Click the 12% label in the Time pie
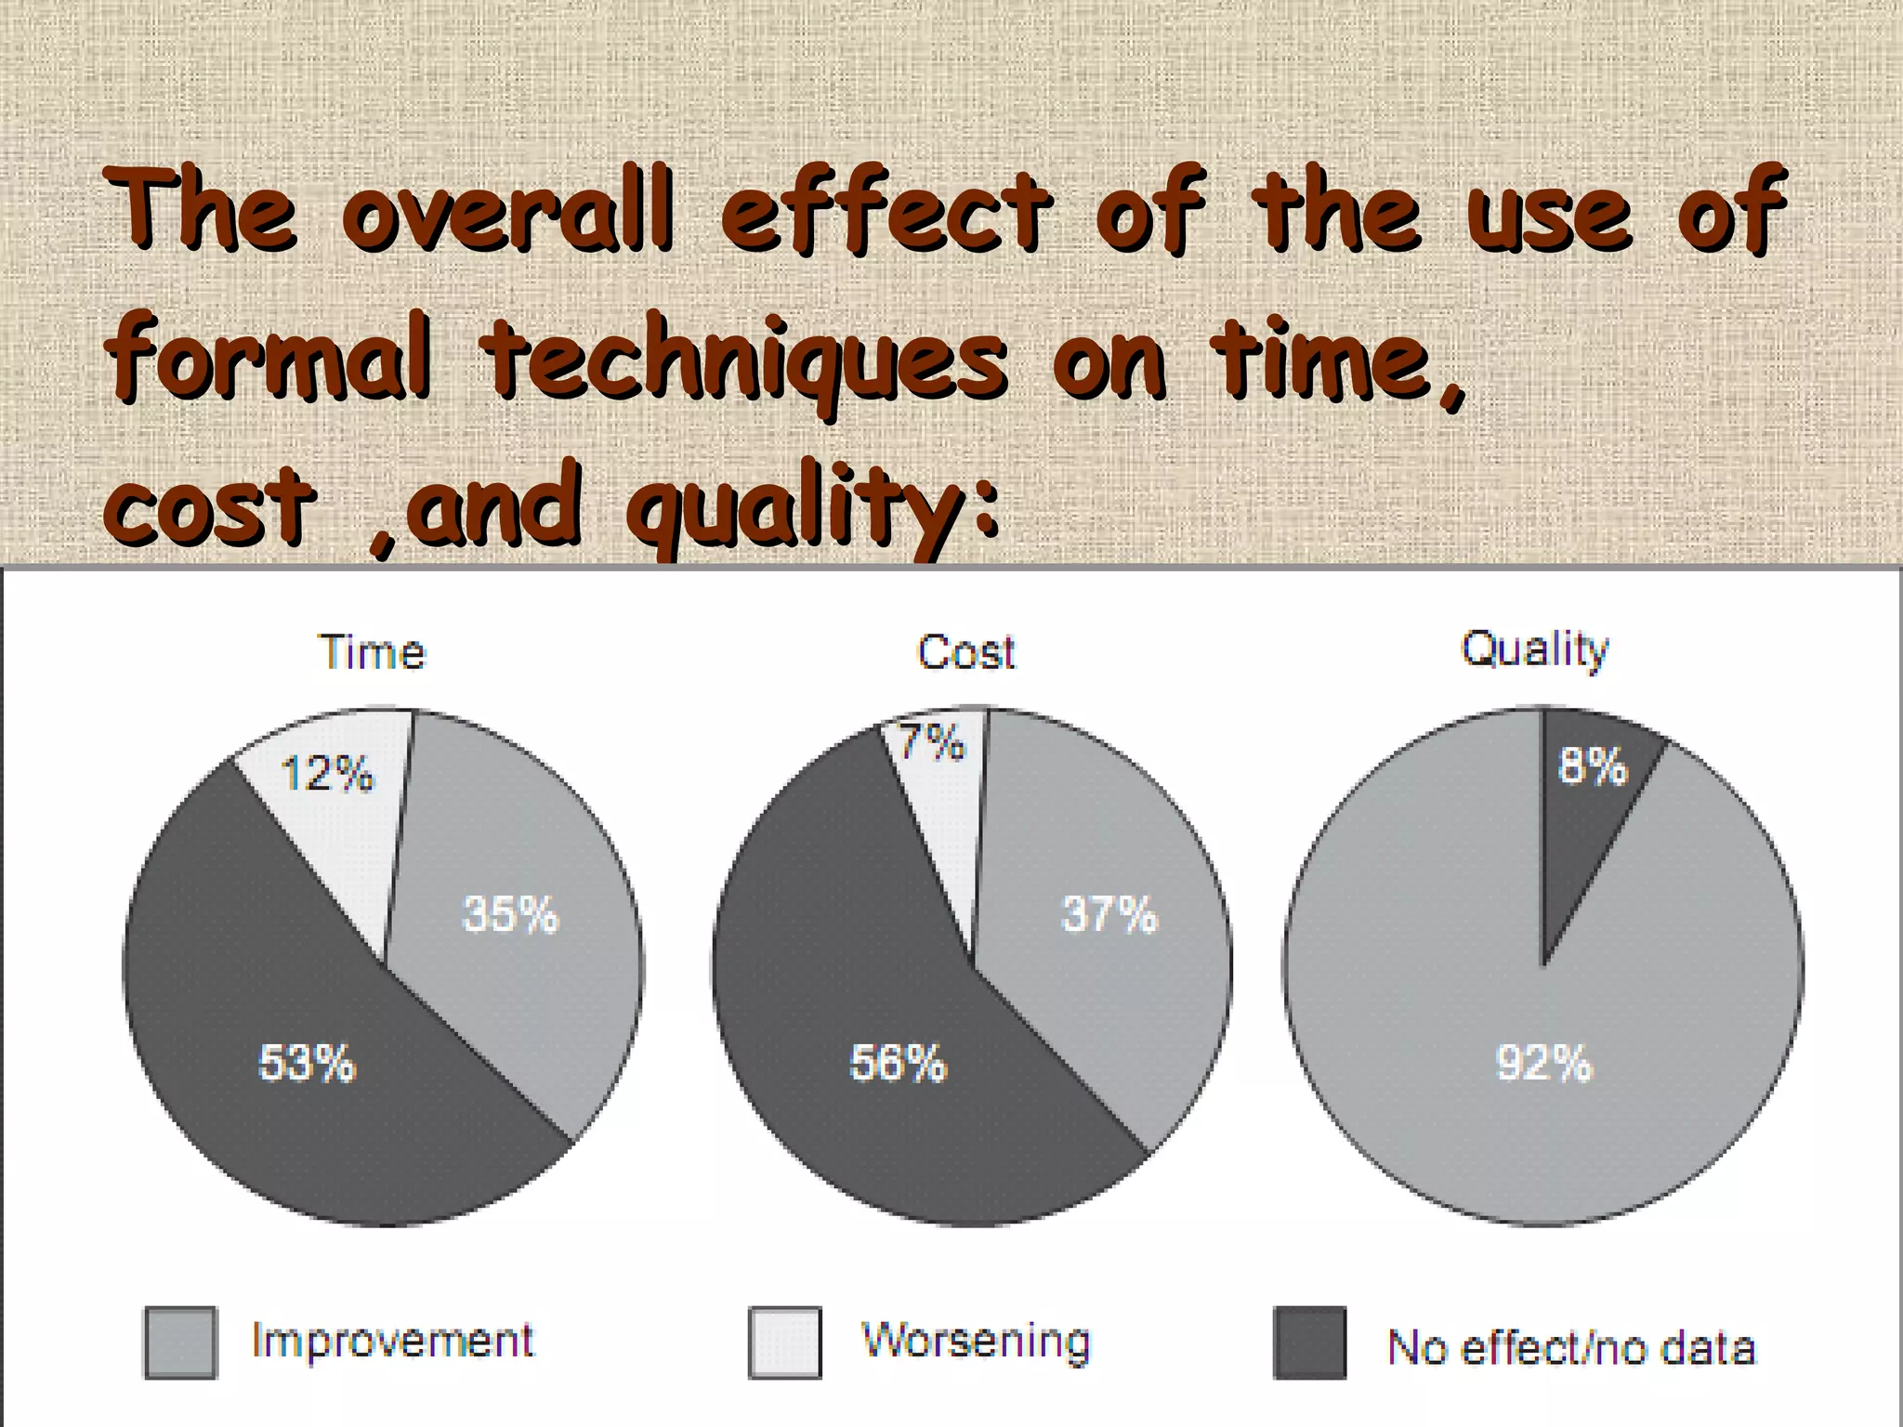coord(327,774)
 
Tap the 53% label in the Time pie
coord(307,1063)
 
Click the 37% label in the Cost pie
coord(1109,915)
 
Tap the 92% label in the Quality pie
coord(1543,1063)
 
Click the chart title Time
coord(372,652)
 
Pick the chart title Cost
coord(966,652)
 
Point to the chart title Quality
coord(1534,649)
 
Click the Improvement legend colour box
coord(181,1342)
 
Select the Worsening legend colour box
coord(785,1342)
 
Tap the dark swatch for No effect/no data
coord(1310,1342)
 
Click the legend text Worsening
coord(976,1341)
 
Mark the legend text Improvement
coord(393,1341)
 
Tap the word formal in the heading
coord(269,358)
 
